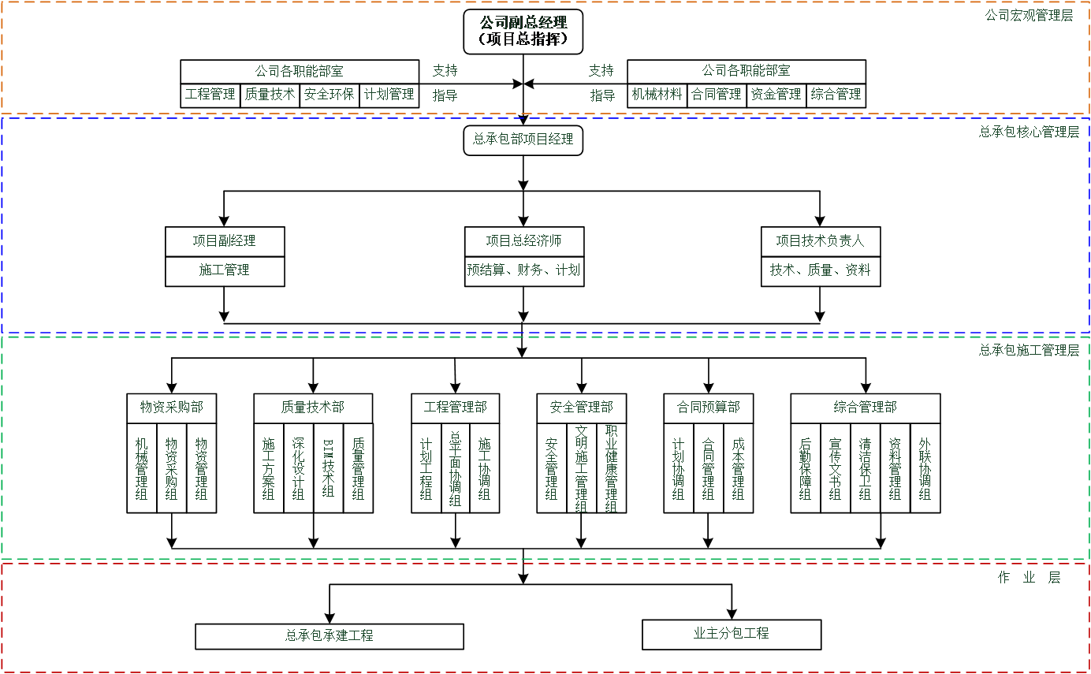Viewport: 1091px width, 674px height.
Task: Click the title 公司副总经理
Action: (523, 22)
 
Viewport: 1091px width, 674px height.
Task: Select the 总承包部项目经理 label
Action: (523, 139)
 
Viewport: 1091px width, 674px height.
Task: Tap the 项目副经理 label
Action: (224, 240)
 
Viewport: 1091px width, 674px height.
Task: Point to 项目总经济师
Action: (523, 240)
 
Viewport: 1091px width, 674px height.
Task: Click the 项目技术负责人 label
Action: (820, 240)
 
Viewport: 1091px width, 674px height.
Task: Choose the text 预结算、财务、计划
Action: (523, 270)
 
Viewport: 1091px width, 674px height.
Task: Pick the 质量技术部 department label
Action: (313, 407)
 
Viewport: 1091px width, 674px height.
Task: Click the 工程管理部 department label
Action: (455, 407)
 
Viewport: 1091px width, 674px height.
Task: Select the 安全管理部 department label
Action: (581, 407)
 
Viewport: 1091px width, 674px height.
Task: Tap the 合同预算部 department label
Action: (708, 407)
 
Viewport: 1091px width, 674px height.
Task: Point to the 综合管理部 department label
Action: (865, 407)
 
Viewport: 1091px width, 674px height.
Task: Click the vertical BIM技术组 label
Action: (328, 469)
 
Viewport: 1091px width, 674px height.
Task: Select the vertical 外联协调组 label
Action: (925, 469)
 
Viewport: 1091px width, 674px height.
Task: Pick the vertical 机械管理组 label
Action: (141, 469)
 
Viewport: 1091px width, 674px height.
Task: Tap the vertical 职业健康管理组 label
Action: (611, 469)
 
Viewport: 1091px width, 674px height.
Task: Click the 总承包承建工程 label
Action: (330, 635)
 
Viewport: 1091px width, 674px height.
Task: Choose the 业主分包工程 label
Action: (731, 632)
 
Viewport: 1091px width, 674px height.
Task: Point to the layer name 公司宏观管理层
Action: (1029, 15)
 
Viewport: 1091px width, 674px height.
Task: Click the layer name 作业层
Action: (1029, 577)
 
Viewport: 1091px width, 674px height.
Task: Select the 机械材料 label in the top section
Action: (657, 94)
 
